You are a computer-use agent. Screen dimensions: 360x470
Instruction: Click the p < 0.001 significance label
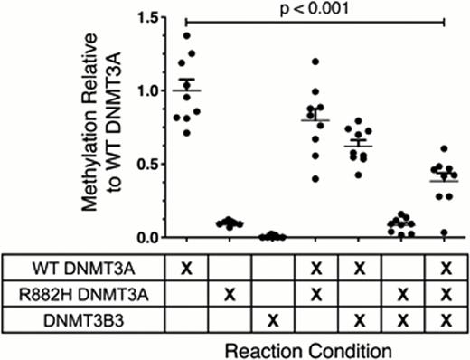[x=314, y=9]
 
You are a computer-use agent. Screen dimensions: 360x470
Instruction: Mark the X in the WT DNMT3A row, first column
[x=187, y=269]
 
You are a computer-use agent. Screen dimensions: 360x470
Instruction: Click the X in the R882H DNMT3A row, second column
[x=230, y=294]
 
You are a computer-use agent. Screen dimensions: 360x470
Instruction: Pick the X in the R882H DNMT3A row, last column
[x=444, y=294]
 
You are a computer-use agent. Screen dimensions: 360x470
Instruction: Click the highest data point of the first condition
[x=187, y=36]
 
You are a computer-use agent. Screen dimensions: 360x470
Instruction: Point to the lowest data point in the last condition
[x=444, y=232]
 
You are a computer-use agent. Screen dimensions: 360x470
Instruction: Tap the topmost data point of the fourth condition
[x=315, y=62]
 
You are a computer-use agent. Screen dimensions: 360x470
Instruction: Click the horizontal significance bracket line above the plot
[x=314, y=22]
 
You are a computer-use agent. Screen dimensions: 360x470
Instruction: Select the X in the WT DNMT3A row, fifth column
[x=358, y=269]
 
